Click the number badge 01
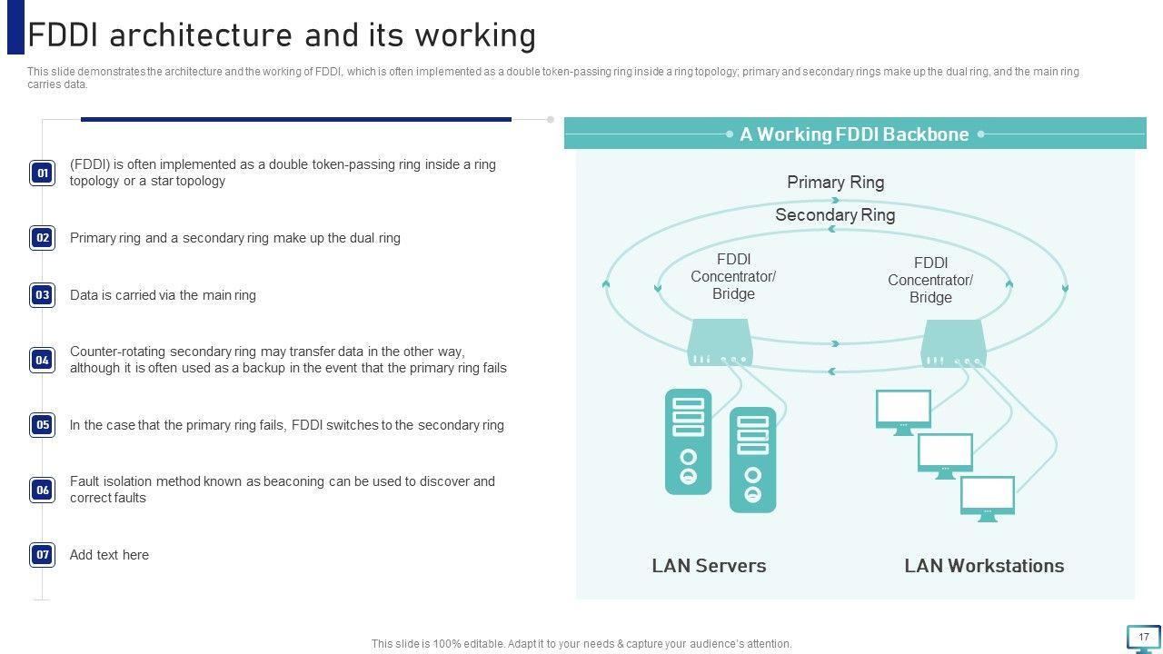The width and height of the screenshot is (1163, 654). point(43,173)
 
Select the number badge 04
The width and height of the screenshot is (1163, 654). point(43,361)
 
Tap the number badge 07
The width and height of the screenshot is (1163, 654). point(43,555)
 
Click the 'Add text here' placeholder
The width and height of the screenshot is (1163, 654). point(109,555)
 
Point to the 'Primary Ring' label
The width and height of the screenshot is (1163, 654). point(835,183)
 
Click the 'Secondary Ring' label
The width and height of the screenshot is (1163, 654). point(835,215)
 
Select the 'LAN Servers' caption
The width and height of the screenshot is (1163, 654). point(709,566)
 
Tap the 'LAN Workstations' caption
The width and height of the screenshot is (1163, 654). point(984,566)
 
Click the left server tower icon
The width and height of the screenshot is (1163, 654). point(688,441)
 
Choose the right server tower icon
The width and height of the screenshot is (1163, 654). point(752,460)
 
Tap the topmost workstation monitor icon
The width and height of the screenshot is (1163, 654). point(903,411)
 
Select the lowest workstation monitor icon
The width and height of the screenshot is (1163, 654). point(988,498)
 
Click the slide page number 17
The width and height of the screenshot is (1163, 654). point(1144,637)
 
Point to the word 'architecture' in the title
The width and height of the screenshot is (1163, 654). point(205,35)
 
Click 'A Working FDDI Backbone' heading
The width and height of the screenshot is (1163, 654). point(854,134)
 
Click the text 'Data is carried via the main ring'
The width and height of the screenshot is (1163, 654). point(163,295)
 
